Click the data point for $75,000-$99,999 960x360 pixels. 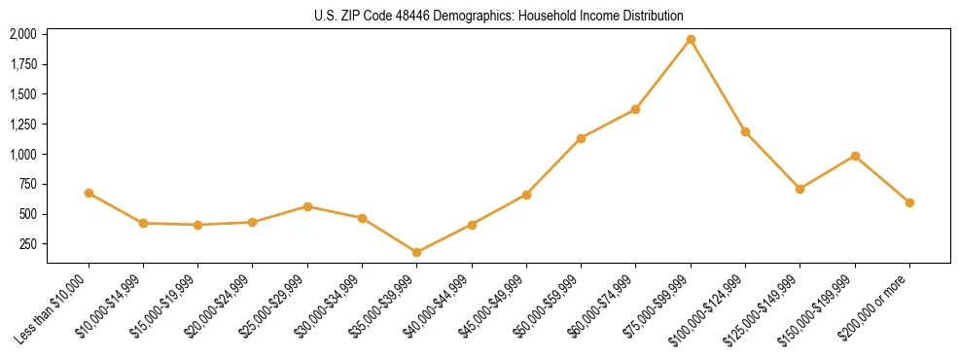coord(691,39)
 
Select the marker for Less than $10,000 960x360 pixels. coord(89,193)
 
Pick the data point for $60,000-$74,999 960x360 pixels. coord(636,109)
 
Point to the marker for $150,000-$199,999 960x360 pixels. coord(855,156)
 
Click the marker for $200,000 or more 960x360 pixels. coord(909,202)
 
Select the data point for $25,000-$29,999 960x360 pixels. coord(307,206)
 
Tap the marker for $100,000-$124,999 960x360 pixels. coord(745,131)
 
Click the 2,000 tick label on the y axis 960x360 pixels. coord(23,34)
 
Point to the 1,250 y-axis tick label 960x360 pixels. coord(23,125)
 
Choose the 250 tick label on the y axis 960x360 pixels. coord(28,244)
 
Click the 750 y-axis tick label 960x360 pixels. coord(28,185)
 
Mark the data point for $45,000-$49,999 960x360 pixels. coord(526,195)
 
